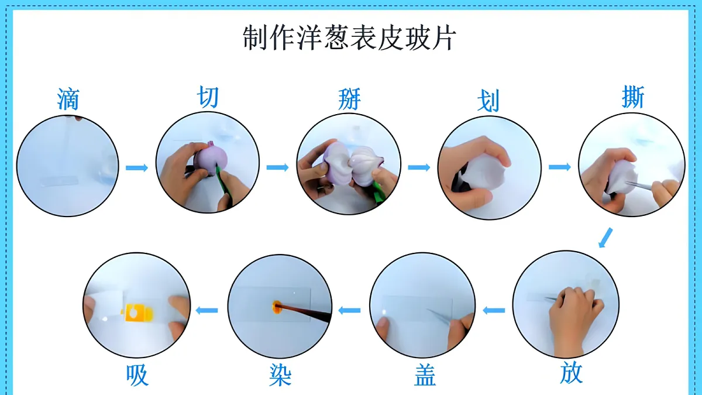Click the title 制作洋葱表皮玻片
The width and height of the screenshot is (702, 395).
pyautogui.click(x=349, y=38)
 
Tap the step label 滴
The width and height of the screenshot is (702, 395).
pyautogui.click(x=68, y=99)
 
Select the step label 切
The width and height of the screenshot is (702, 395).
pyautogui.click(x=208, y=97)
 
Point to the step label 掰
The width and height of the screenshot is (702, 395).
pyautogui.click(x=349, y=99)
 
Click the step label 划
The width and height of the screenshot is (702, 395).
pyautogui.click(x=488, y=101)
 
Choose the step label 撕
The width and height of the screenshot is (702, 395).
pyautogui.click(x=633, y=97)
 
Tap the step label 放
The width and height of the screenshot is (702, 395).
pyautogui.click(x=571, y=372)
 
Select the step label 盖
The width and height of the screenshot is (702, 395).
pyautogui.click(x=425, y=375)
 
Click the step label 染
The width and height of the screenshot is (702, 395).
pyautogui.click(x=280, y=375)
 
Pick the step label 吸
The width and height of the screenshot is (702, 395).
pyautogui.click(x=137, y=375)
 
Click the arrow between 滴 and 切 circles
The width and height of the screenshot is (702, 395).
pyautogui.click(x=137, y=168)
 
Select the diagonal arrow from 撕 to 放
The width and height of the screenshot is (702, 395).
pyautogui.click(x=605, y=238)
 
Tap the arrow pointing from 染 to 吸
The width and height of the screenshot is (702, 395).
pyautogui.click(x=207, y=310)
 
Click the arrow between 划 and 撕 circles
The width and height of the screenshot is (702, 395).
pyautogui.click(x=560, y=167)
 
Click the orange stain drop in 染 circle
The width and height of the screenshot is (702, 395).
pyautogui.click(x=276, y=307)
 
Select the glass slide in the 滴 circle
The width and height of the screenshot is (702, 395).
pyautogui.click(x=60, y=181)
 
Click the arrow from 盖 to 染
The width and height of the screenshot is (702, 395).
pyautogui.click(x=349, y=310)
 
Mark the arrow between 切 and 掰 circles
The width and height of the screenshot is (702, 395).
pyautogui.click(x=277, y=167)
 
